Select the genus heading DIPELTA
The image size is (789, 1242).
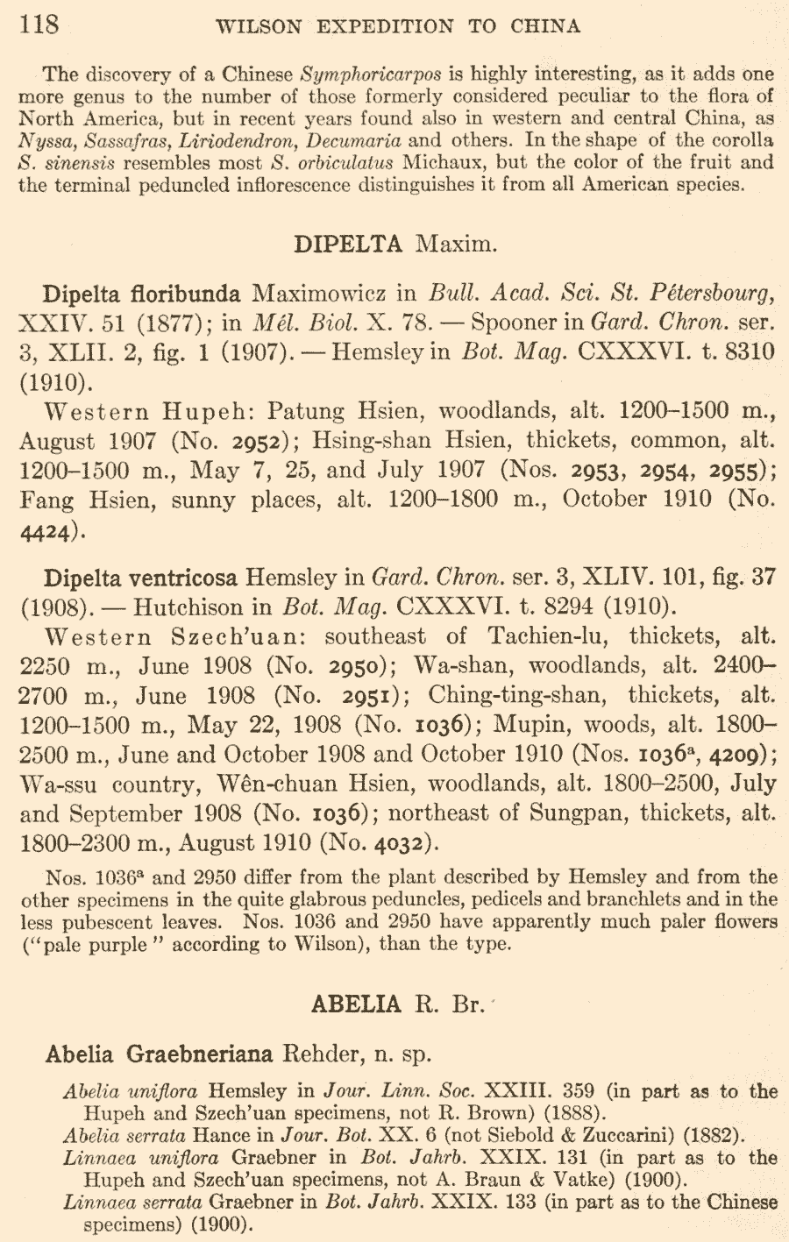(x=348, y=244)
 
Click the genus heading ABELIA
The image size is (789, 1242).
(x=356, y=1004)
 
